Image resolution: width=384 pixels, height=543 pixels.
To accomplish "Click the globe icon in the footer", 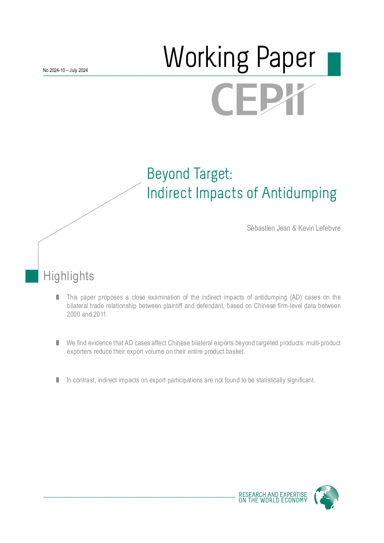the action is click(x=326, y=497).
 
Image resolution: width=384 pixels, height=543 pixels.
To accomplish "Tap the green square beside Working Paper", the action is click(x=334, y=64).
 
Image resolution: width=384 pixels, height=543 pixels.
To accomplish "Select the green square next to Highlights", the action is click(x=32, y=276).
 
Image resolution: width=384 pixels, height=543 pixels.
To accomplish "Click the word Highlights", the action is click(x=69, y=276).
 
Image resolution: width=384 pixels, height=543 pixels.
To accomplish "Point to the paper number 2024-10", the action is click(x=57, y=70).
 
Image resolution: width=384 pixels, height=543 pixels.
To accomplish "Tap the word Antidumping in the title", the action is click(x=299, y=193).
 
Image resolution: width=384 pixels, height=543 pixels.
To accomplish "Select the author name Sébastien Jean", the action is click(x=268, y=228).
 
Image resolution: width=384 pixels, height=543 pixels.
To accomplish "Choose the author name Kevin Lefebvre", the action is click(x=319, y=228).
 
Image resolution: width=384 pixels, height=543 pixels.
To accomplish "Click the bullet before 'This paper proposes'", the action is click(x=58, y=297).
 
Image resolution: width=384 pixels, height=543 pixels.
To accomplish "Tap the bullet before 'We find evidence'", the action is click(x=58, y=343).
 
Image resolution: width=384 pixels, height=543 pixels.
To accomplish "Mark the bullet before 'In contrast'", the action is click(x=58, y=380).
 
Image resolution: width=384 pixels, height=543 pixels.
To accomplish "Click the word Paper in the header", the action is click(x=286, y=58).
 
